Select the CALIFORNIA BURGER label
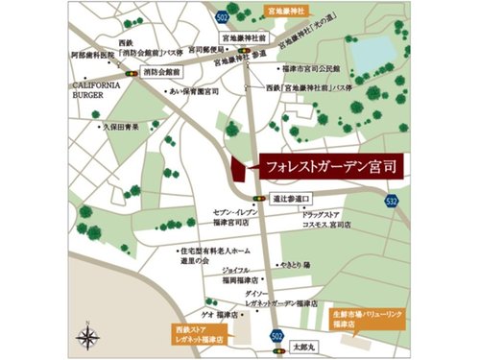pos(94,90)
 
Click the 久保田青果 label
pos(120,125)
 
